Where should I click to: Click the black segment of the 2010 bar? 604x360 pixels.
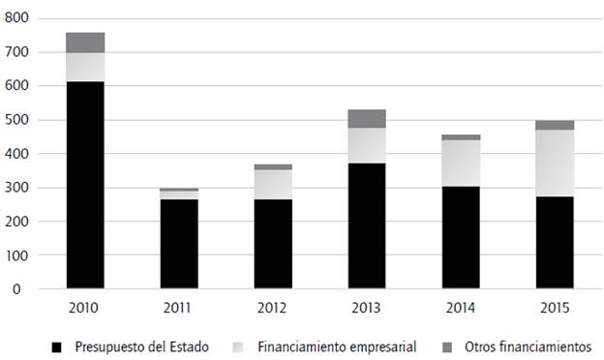[x=85, y=185]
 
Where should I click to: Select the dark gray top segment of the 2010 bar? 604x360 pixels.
[x=85, y=43]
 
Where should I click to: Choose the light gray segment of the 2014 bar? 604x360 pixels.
[x=461, y=164]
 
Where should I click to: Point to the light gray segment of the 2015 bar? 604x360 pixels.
[x=556, y=164]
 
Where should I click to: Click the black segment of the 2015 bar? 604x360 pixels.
[x=556, y=243]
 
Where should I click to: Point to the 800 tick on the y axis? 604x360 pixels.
[x=18, y=18]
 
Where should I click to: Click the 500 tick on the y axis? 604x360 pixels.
[x=18, y=120]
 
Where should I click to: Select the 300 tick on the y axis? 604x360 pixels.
[x=18, y=188]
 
